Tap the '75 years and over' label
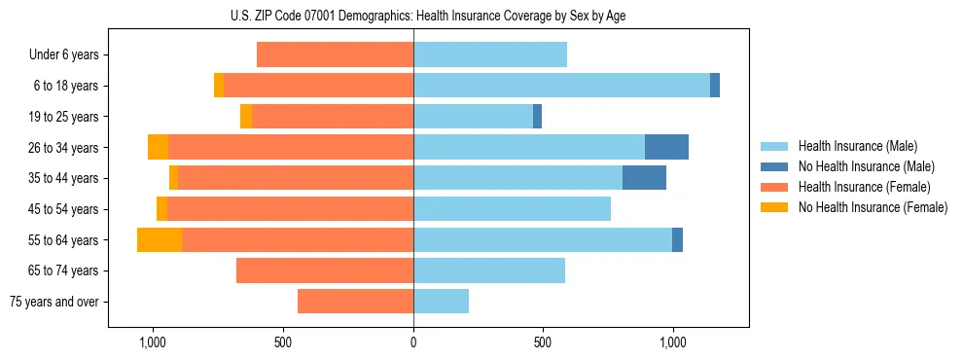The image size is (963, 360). (x=54, y=302)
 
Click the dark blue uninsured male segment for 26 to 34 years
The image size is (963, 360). (x=666, y=147)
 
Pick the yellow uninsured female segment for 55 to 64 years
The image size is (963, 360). (x=160, y=239)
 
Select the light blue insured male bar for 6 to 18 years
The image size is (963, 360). (x=561, y=86)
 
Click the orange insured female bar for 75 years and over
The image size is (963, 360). (x=355, y=302)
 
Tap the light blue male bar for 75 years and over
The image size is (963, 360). (x=441, y=302)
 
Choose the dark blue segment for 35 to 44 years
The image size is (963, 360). (x=644, y=178)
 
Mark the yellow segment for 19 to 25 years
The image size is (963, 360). (x=246, y=117)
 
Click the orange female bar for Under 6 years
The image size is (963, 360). (x=335, y=55)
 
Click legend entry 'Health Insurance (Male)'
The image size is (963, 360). (x=852, y=147)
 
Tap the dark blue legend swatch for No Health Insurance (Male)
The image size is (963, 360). (x=774, y=167)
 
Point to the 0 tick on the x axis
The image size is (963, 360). (x=413, y=342)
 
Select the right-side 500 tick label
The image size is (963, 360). (x=543, y=342)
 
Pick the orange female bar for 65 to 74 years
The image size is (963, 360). (x=325, y=270)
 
